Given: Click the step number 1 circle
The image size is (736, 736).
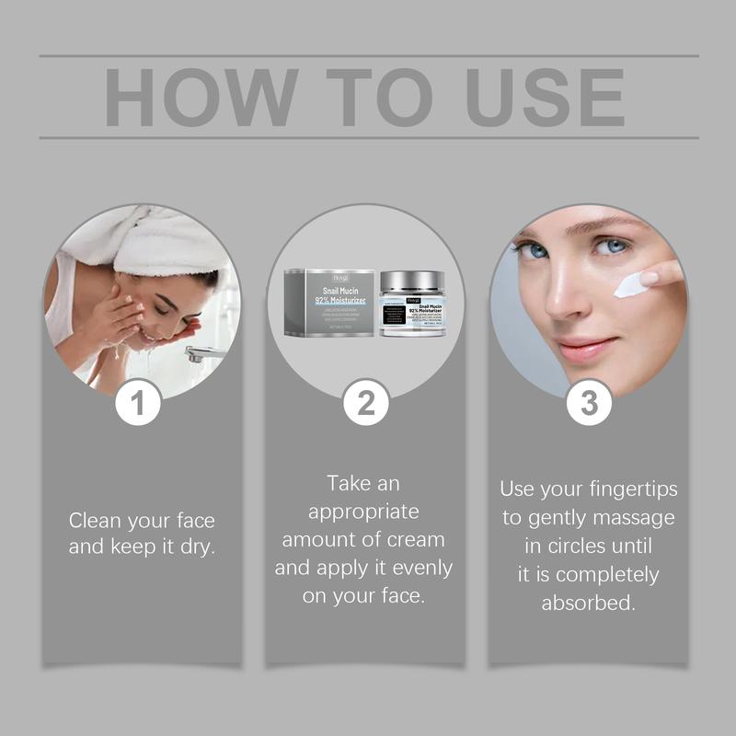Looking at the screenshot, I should click(139, 403).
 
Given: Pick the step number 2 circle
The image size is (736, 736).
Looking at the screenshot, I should click(366, 403).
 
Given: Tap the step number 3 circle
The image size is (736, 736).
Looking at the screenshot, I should click(589, 403).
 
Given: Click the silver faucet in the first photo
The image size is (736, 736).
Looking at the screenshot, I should click(204, 354).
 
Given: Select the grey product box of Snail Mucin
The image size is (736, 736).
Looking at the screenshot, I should click(328, 303).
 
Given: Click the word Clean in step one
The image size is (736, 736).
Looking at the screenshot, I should click(98, 521).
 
